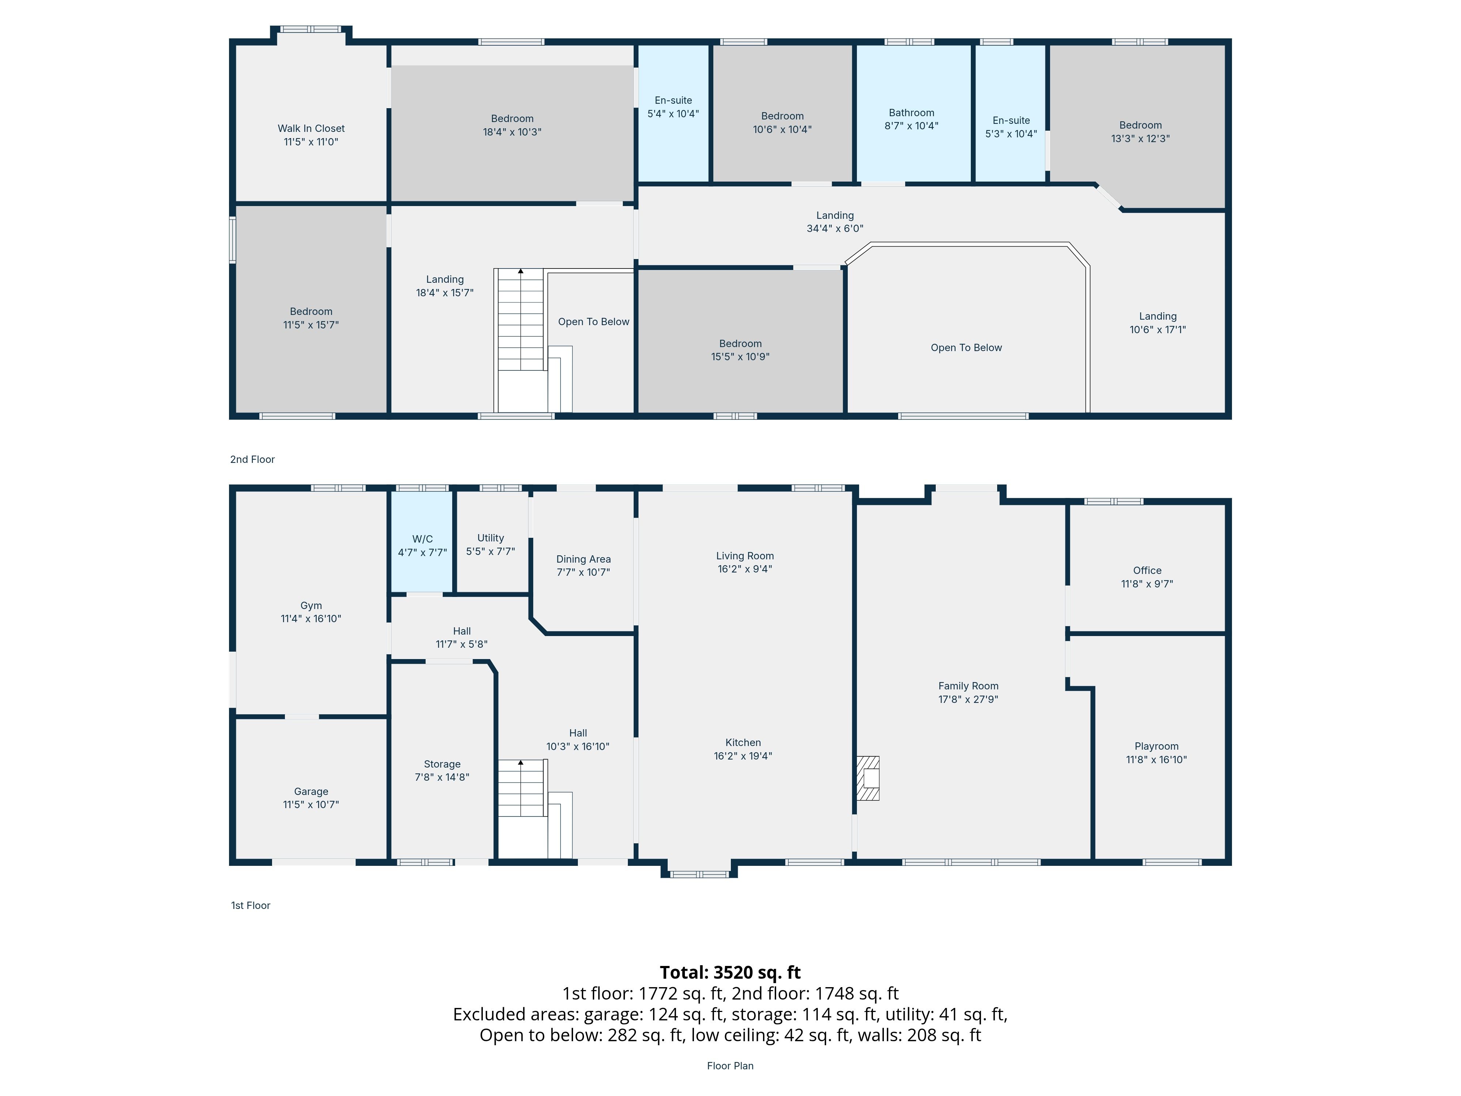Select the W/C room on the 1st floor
[x=422, y=542]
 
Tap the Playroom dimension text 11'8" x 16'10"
[x=1156, y=760]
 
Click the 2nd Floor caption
[x=252, y=459]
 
